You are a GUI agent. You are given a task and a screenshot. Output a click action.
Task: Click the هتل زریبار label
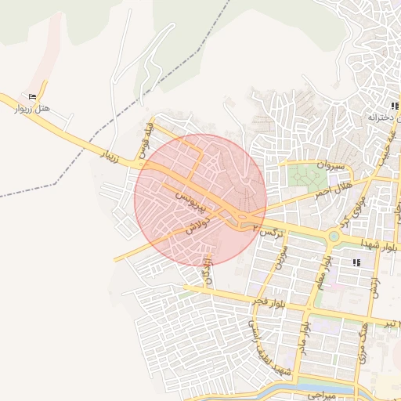tap(32, 108)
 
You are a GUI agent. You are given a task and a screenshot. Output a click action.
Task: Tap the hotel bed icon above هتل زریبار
tap(32, 96)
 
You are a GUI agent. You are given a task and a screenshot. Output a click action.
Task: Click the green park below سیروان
tap(305, 175)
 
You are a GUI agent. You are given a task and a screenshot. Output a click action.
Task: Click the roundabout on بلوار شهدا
tap(334, 235)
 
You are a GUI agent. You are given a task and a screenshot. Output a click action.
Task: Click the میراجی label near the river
tap(321, 396)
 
